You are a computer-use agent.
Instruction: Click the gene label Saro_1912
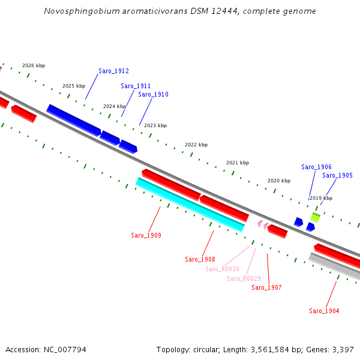pos(113,71)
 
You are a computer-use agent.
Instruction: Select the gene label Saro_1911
pos(136,86)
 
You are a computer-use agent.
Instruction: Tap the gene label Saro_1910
pos(153,95)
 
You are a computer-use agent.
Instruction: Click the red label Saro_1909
pos(146,235)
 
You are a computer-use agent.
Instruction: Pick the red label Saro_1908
pos(200,259)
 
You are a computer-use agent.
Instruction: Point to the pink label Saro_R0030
pos(222,269)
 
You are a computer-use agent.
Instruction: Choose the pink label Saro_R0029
pos(244,278)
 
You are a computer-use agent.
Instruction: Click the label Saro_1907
pos(266,288)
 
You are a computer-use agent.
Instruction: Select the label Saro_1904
pos(324,311)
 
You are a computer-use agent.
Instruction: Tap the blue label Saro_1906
pos(316,167)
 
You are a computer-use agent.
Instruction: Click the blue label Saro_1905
pos(337,176)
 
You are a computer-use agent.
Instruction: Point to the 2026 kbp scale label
pos(34,66)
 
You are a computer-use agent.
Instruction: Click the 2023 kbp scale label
pos(155,125)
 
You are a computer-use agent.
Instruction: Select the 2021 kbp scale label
pos(238,163)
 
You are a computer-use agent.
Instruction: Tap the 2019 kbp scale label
pos(321,198)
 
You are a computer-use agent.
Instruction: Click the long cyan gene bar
pos(190,204)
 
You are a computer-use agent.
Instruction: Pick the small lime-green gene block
pos(315,217)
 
